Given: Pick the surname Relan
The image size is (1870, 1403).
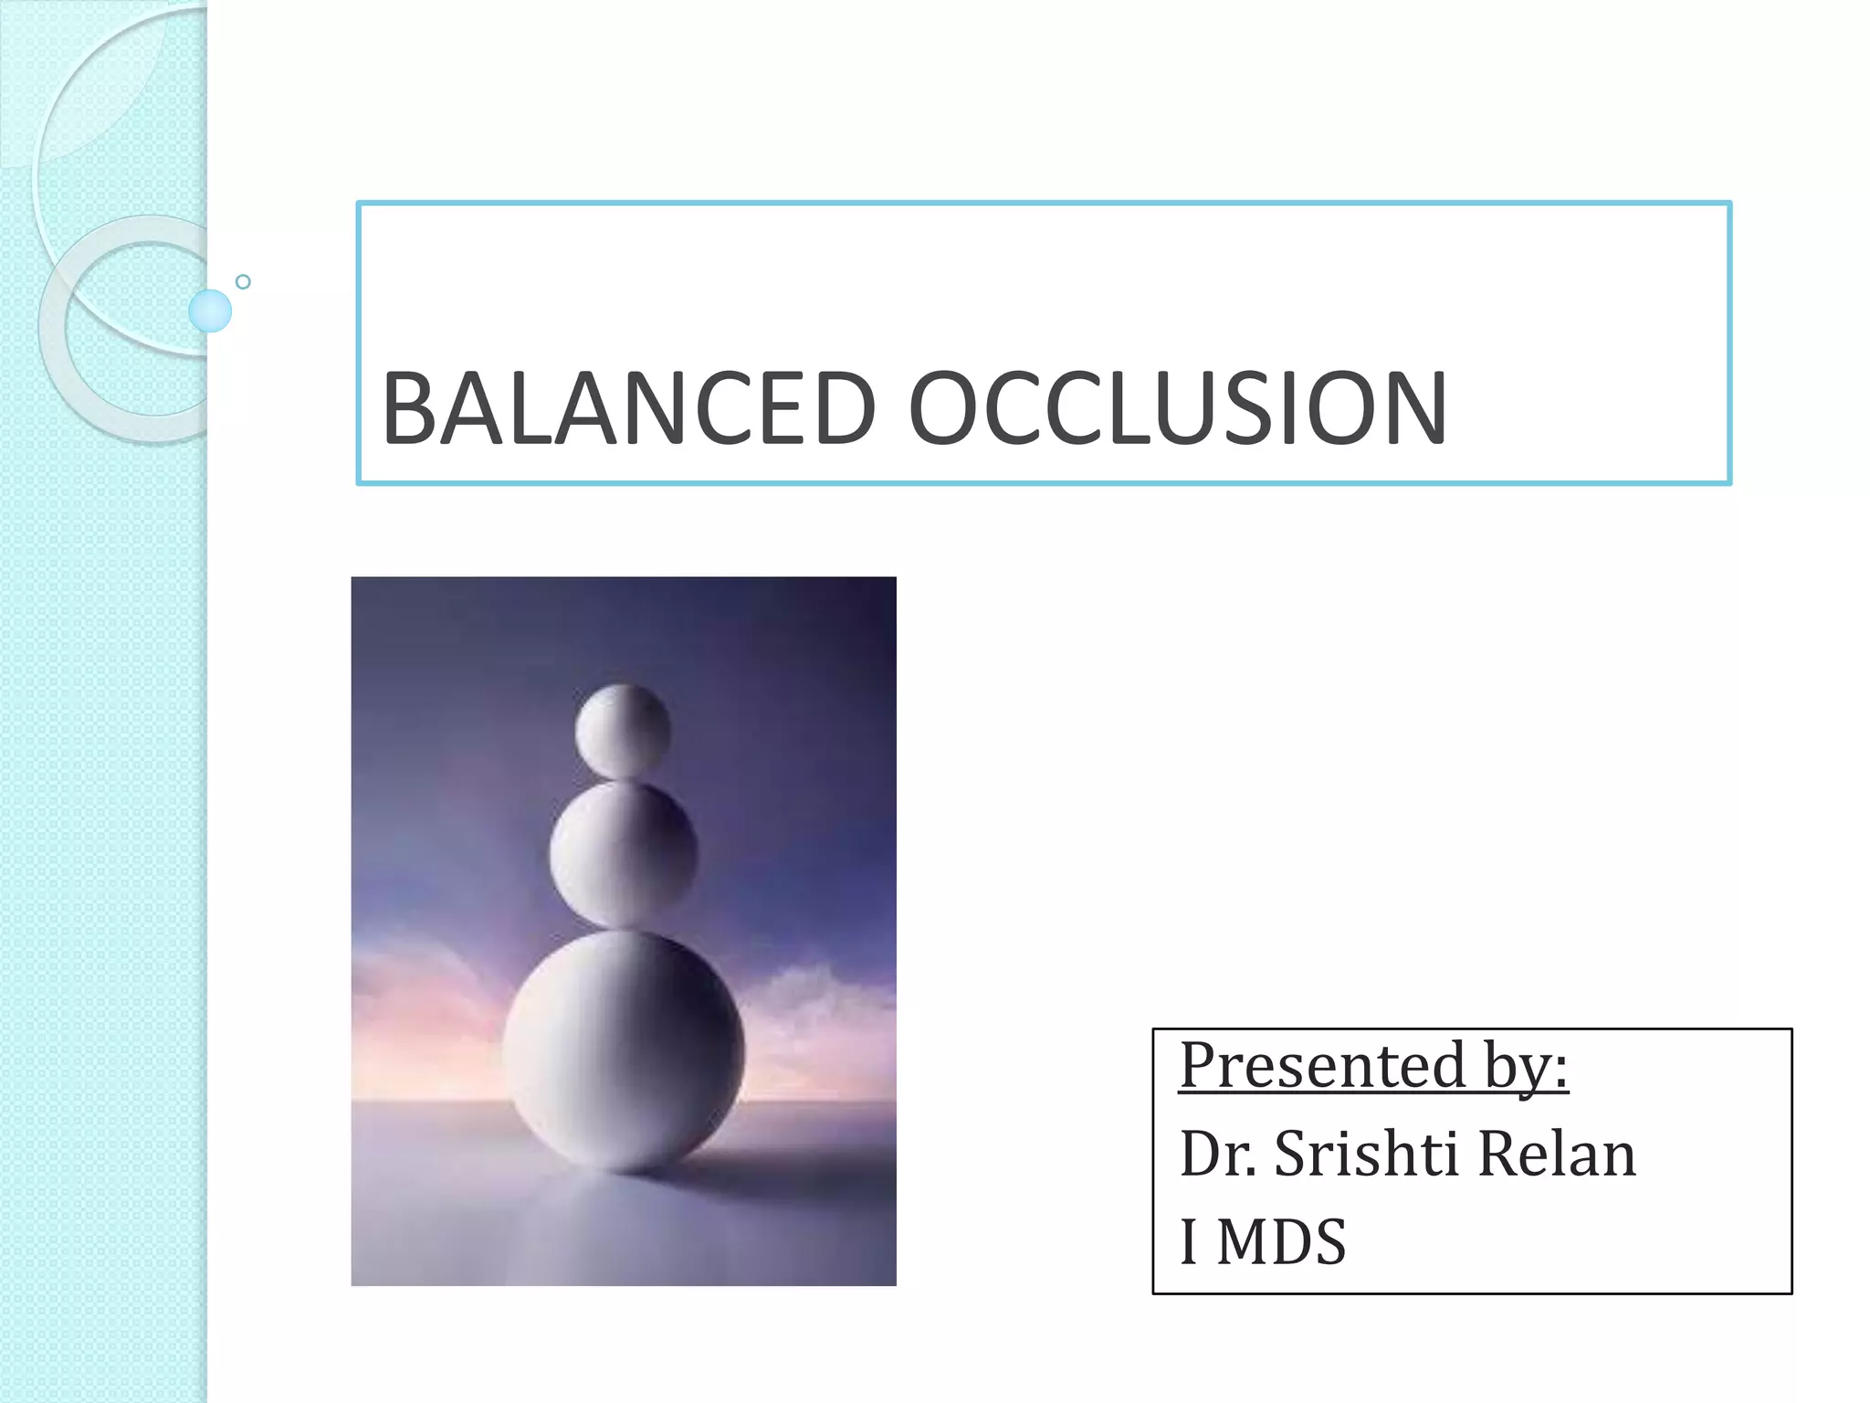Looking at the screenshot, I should tap(1556, 1153).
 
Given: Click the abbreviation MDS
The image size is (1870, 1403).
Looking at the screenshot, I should tap(1281, 1242).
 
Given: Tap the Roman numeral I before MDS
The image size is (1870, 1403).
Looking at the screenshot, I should tap(1189, 1242).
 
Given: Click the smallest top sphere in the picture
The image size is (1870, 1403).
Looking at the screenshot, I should tap(623, 732).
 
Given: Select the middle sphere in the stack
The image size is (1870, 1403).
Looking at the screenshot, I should tap(623, 853).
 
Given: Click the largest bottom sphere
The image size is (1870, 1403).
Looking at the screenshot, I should tap(623, 1050).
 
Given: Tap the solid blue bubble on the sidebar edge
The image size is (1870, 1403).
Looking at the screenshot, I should tap(210, 311).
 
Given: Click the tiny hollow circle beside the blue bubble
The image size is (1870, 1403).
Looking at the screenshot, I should tap(243, 281).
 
